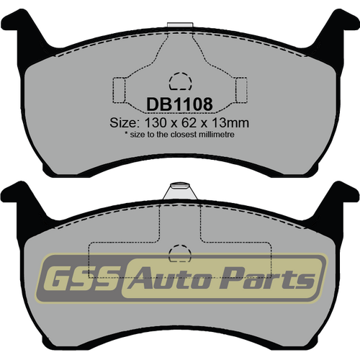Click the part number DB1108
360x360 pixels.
pyautogui.click(x=179, y=105)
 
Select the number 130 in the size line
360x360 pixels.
pyautogui.click(x=154, y=122)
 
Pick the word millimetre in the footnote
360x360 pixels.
pyautogui.click(x=214, y=135)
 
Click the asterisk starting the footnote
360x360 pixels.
pyautogui.click(x=127, y=134)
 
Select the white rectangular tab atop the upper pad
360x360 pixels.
pyautogui.click(x=175, y=27)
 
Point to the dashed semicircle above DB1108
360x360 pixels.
pyautogui.click(x=179, y=80)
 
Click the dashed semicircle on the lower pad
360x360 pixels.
pyautogui.click(x=178, y=253)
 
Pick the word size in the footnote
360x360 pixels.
pyautogui.click(x=140, y=135)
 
